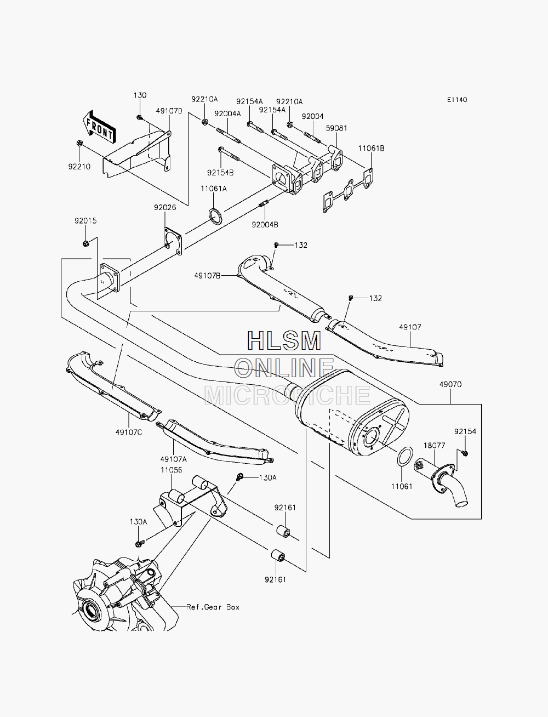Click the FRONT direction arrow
pyautogui.click(x=98, y=127)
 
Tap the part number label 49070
pyautogui.click(x=450, y=384)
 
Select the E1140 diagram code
pyautogui.click(x=457, y=100)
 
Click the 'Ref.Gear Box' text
pyautogui.click(x=213, y=607)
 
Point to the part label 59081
pyautogui.click(x=336, y=128)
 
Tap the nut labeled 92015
pyautogui.click(x=86, y=243)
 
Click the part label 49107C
pyautogui.click(x=129, y=432)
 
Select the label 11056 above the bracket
pyautogui.click(x=171, y=470)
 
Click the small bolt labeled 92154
pyautogui.click(x=465, y=453)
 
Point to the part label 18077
pyautogui.click(x=435, y=445)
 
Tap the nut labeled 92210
pyautogui.click(x=79, y=143)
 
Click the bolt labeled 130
pyautogui.click(x=140, y=117)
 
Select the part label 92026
pyautogui.click(x=165, y=207)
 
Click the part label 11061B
pyautogui.click(x=372, y=149)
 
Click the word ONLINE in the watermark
pyautogui.click(x=284, y=367)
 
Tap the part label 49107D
pyautogui.click(x=169, y=111)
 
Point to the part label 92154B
pyautogui.click(x=220, y=173)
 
